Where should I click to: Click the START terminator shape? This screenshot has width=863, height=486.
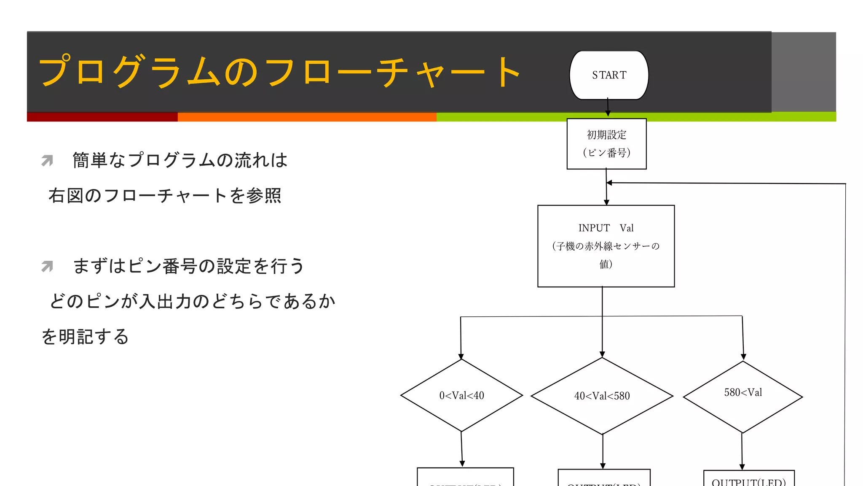click(608, 75)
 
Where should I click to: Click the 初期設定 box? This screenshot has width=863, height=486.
click(606, 144)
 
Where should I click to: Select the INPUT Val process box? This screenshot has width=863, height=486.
click(606, 246)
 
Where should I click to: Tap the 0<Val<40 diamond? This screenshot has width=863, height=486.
click(461, 395)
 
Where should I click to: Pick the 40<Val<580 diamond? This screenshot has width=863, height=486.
click(602, 396)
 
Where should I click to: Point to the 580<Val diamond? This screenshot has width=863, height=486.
click(742, 397)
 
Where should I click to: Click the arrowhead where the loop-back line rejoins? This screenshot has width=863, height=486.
click(610, 183)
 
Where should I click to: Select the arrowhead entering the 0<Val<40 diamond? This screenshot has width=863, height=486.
click(461, 356)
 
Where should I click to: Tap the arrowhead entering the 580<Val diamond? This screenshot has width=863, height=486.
click(744, 357)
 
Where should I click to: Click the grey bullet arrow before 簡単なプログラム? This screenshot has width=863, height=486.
click(47, 160)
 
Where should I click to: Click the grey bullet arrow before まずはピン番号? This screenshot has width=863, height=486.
click(47, 266)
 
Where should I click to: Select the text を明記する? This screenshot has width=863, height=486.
click(85, 337)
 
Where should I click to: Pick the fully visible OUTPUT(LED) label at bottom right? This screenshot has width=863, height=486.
click(748, 481)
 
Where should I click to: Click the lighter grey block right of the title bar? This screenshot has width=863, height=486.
click(803, 72)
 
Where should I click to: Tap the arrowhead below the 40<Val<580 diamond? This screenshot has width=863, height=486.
click(603, 466)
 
